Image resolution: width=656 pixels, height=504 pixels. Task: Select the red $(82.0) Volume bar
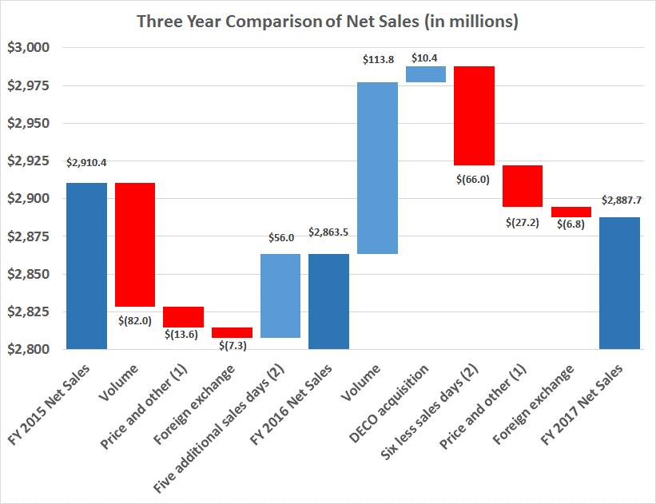tap(135, 244)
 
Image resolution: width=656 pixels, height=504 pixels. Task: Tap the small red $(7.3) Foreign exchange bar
tap(232, 332)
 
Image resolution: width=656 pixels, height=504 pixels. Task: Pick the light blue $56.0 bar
tap(280, 296)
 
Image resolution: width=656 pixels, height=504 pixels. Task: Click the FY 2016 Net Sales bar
tap(328, 301)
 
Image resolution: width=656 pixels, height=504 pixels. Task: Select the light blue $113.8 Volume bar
tap(377, 168)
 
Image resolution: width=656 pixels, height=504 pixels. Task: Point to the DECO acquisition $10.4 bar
tap(426, 74)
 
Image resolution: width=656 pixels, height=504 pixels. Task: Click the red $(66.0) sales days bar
tap(475, 116)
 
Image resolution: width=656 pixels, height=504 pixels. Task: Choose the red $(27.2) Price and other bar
tap(523, 186)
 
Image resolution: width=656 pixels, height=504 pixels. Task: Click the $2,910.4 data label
tap(86, 162)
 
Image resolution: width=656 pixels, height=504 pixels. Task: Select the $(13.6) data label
tap(183, 335)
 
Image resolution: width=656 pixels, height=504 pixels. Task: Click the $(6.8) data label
tap(571, 224)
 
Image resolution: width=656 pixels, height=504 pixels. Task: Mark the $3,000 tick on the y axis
tap(29, 48)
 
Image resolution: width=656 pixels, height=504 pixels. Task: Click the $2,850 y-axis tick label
tap(29, 274)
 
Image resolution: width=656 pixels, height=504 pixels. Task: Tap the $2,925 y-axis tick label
tap(29, 161)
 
